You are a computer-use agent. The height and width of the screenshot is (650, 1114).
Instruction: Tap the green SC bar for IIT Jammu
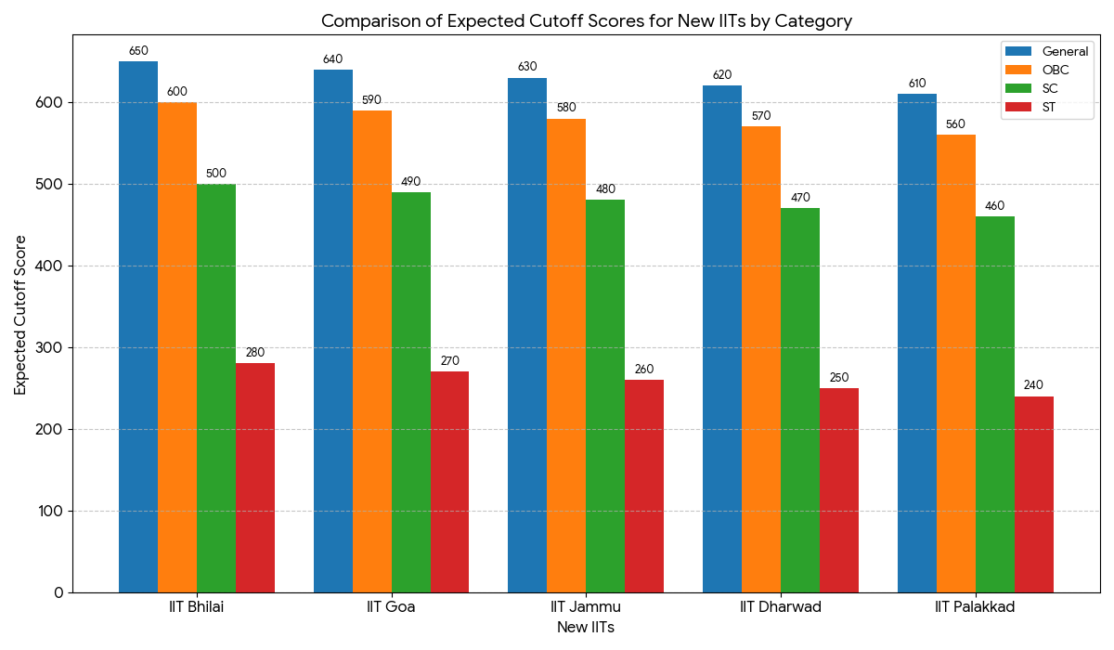pyautogui.click(x=605, y=396)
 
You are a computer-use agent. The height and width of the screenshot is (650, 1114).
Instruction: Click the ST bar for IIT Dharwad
pyautogui.click(x=838, y=490)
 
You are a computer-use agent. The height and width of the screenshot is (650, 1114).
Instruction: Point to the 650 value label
pyautogui.click(x=138, y=51)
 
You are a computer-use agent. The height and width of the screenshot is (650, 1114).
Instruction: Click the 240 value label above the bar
pyautogui.click(x=1033, y=385)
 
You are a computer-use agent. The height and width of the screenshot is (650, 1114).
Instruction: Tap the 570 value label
pyautogui.click(x=760, y=116)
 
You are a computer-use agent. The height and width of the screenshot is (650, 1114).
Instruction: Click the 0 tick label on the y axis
pyautogui.click(x=58, y=592)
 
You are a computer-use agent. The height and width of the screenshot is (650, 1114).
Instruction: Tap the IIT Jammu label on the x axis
pyautogui.click(x=586, y=607)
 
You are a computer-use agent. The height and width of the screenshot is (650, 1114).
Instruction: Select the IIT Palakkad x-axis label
pyautogui.click(x=975, y=607)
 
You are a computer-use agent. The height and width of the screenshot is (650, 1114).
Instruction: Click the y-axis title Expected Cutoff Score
pyautogui.click(x=20, y=314)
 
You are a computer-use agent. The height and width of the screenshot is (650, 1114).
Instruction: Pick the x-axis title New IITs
pyautogui.click(x=586, y=628)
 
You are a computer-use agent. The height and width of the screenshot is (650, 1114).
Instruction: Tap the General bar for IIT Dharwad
pyautogui.click(x=722, y=339)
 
